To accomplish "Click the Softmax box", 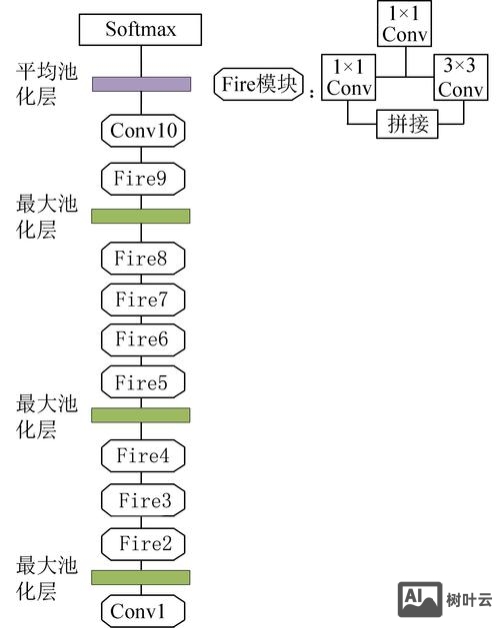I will click(x=141, y=29).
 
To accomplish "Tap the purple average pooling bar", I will click(x=141, y=84).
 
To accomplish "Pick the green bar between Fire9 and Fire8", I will click(x=141, y=216).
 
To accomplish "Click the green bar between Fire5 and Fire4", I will click(x=141, y=414).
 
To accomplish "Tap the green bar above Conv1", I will click(x=141, y=577).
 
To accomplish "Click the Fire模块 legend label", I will click(x=258, y=85).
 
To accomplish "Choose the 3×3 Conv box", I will click(x=460, y=78).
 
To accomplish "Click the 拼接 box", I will click(x=404, y=124).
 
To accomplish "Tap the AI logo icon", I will click(x=420, y=599).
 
